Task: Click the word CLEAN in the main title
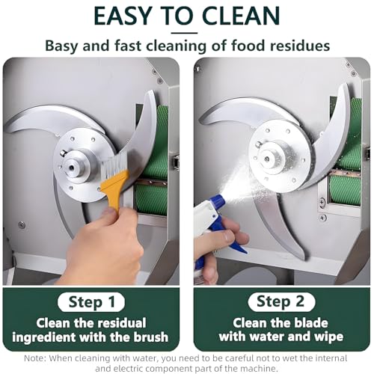(x=242, y=16)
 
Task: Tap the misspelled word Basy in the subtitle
(x=61, y=46)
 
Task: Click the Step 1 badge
(x=91, y=302)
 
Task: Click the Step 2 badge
(x=281, y=302)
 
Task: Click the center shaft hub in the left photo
(x=75, y=166)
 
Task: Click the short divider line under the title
(x=184, y=33)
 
